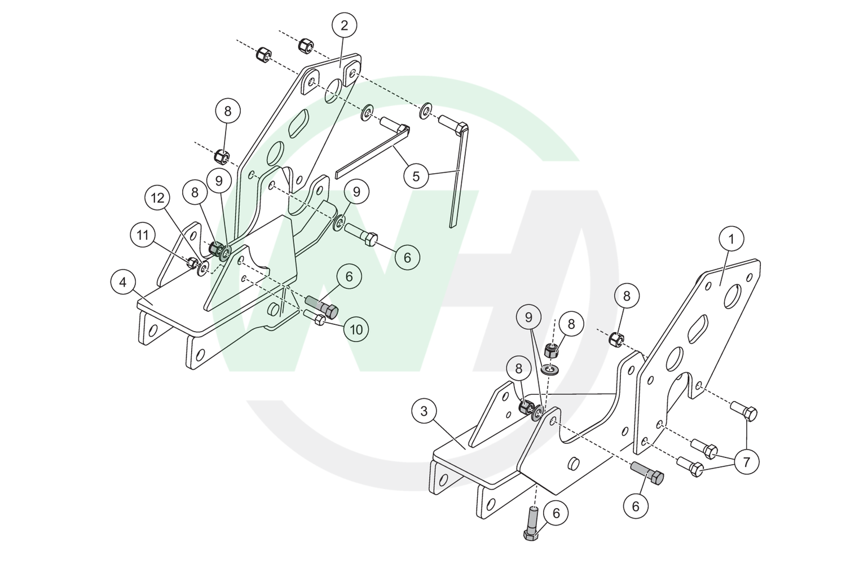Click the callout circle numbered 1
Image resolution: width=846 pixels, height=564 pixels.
[x=731, y=239]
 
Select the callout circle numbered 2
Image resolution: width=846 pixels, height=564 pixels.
[x=344, y=25]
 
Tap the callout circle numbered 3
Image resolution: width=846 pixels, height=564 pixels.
[x=424, y=411]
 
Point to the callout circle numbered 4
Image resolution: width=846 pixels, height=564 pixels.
[x=123, y=282]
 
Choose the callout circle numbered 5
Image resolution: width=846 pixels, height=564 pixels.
[x=416, y=176]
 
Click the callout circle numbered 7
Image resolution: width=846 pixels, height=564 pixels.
[x=746, y=461]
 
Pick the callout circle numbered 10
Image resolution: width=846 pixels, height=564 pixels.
[x=356, y=329]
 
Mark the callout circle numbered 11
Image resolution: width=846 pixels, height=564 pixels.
[x=142, y=235]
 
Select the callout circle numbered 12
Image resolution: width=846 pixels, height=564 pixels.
[x=157, y=198]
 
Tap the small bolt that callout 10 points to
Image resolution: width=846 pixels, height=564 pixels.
[x=314, y=318]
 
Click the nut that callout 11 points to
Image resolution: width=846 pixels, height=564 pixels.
[x=193, y=263]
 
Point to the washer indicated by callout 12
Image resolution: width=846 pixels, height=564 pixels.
[x=203, y=268]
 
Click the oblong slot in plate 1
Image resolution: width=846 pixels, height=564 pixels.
[x=698, y=329]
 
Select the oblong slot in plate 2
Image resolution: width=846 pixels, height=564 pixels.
[x=299, y=123]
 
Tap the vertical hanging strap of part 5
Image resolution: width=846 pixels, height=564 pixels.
[x=458, y=176]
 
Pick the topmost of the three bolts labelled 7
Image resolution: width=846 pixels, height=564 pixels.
[x=744, y=411]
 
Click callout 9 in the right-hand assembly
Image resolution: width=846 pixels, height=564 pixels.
[x=528, y=318]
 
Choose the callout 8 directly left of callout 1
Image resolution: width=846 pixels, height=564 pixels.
[x=627, y=296]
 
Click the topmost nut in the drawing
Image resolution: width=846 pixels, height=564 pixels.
[x=306, y=45]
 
